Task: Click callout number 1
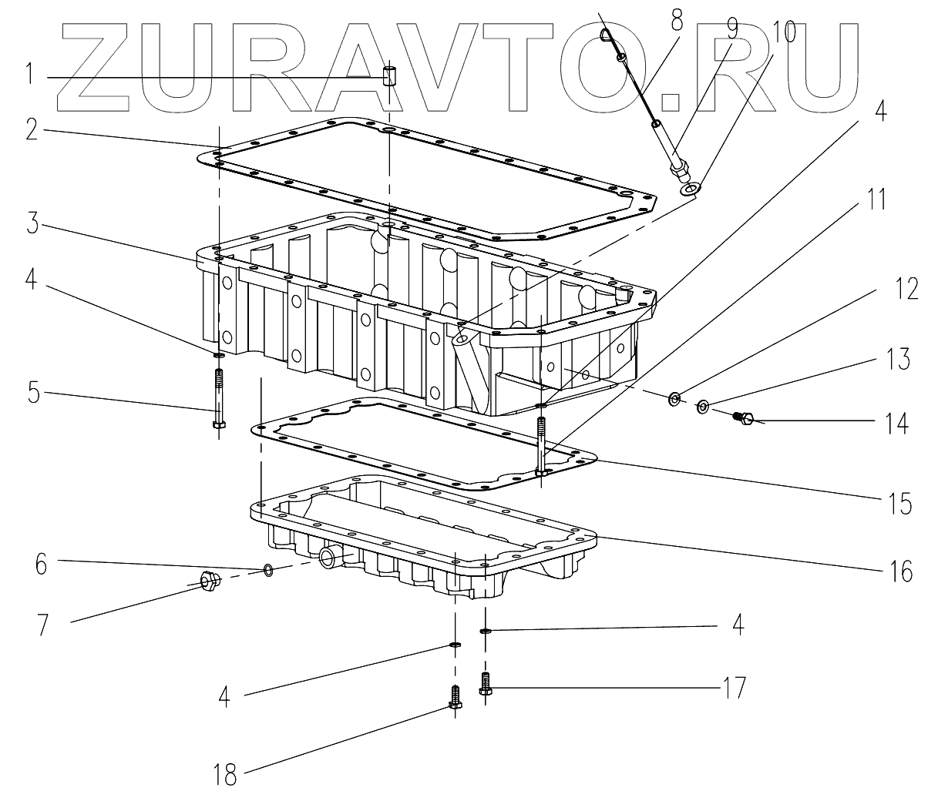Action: coord(29,75)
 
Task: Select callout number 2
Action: coord(30,128)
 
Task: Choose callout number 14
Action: coord(896,423)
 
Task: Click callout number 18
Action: coord(226,775)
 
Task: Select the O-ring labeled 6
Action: coord(267,570)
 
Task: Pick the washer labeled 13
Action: coord(703,406)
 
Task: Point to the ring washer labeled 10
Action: coord(691,187)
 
